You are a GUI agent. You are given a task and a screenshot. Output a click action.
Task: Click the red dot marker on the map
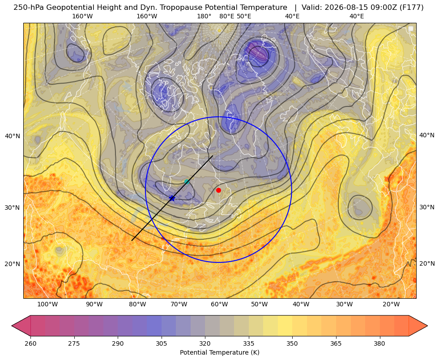219,190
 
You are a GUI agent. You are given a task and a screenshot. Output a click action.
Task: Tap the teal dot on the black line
187,182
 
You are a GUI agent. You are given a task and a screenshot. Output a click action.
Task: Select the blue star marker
172,198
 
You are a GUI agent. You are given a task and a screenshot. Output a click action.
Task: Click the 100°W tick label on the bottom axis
47,305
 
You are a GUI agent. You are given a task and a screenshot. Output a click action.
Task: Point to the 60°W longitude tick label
219,305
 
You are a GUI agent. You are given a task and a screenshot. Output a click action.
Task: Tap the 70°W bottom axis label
179,305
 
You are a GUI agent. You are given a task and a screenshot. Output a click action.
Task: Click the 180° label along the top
204,16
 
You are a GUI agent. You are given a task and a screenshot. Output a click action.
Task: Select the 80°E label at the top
227,16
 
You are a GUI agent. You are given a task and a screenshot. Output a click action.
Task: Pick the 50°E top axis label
244,16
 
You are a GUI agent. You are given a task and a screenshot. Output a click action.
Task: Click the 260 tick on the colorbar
30,343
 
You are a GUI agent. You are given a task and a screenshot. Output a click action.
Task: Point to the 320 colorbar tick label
205,343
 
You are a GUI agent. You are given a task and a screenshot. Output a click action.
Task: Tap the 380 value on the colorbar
379,343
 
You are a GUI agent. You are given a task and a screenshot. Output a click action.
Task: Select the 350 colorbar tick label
292,343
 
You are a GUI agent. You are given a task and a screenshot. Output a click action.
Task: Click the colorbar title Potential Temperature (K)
219,352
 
